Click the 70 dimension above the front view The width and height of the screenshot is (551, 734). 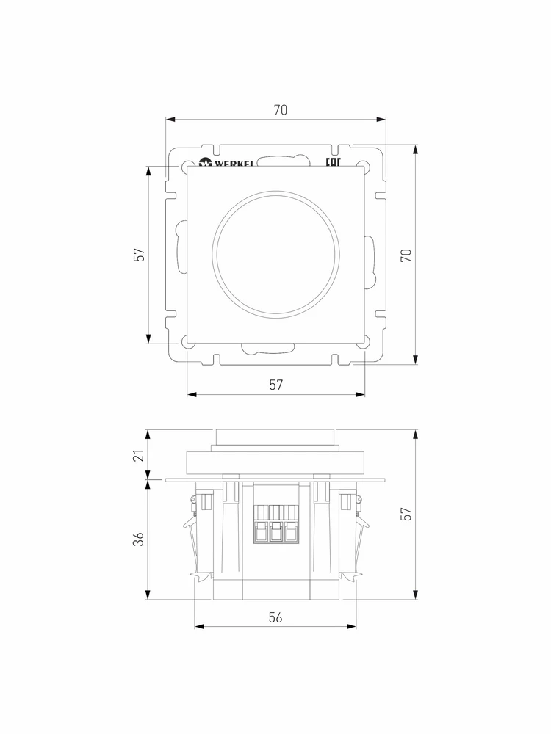[x=280, y=110]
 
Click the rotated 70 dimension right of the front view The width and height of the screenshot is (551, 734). [x=406, y=255]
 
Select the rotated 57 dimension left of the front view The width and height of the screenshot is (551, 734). [x=139, y=255]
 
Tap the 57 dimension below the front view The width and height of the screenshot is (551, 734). [x=276, y=385]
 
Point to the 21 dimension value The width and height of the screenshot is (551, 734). [x=139, y=454]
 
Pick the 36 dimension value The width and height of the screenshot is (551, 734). [x=139, y=539]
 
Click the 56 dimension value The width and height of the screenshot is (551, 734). [x=275, y=617]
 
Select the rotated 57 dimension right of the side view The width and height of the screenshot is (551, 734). [x=406, y=514]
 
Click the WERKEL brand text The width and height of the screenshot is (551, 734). [x=226, y=163]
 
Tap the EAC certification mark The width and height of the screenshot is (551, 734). [x=333, y=162]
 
